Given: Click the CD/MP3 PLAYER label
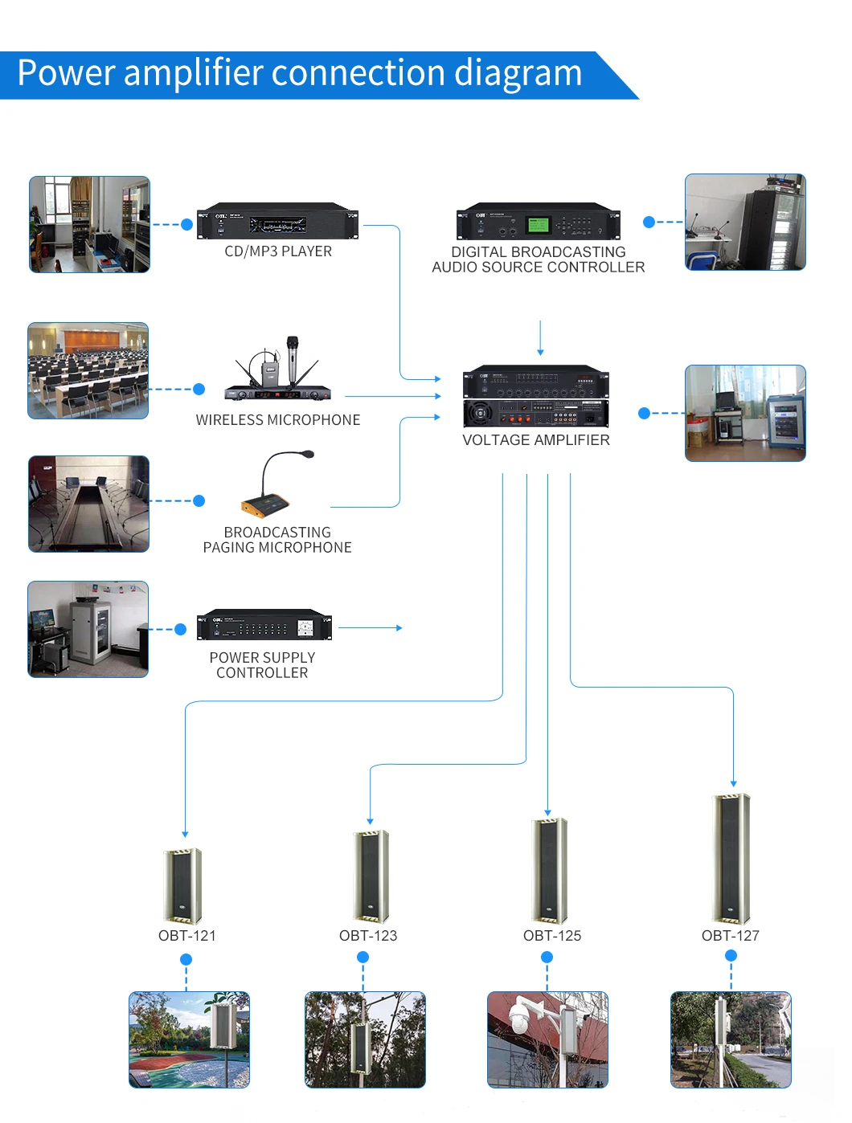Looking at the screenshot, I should tap(278, 251).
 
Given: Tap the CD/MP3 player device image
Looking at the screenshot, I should tap(277, 221).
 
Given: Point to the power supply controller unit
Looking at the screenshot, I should tap(264, 625).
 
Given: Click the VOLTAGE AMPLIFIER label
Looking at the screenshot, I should tap(536, 440).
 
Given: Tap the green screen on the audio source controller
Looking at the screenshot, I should tap(537, 224).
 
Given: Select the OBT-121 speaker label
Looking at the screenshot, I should tap(187, 936).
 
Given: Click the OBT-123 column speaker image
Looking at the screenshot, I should tap(371, 876).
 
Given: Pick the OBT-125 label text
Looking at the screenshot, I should tap(552, 936).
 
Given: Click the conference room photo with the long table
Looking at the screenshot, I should tap(89, 504).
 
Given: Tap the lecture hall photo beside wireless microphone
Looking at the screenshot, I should tap(88, 371).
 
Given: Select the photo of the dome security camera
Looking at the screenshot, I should tap(547, 1039).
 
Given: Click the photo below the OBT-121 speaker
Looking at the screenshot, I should tap(190, 1039).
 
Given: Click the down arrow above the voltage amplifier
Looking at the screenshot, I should tap(540, 337).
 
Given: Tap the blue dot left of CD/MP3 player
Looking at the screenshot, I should tap(187, 225).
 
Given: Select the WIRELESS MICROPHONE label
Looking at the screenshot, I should tap(278, 420).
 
